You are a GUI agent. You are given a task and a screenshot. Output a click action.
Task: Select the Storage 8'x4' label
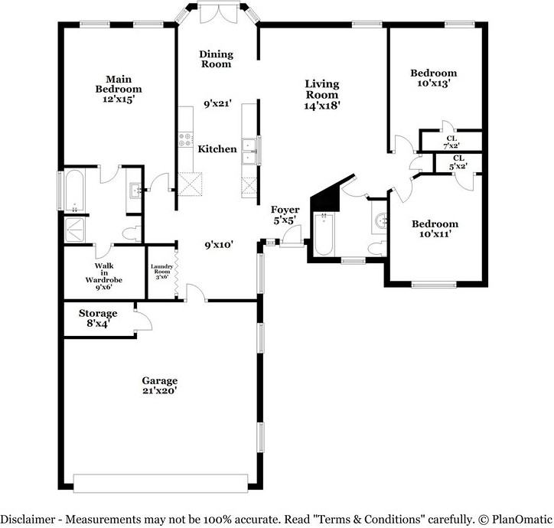pos(98,318)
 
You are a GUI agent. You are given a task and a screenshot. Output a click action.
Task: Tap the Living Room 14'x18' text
pos(321,95)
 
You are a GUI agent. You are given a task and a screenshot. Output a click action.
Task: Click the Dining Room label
pos(216,59)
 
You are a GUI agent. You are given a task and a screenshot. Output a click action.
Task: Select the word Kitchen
pos(217,149)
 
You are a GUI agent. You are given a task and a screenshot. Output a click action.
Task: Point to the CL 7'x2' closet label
pos(451,142)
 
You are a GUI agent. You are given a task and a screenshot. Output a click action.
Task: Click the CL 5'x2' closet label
pos(458,161)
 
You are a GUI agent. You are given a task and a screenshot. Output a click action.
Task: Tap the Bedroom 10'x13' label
pos(434,78)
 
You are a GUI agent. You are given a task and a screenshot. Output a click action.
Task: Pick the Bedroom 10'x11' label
pos(435,229)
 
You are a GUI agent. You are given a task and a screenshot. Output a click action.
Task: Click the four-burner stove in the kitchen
pos(184,139)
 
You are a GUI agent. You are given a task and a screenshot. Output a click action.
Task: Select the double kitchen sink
pos(249,152)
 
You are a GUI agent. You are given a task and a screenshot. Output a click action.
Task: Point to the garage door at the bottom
pos(160,484)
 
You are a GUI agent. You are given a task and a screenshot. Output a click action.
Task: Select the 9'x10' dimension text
pos(219,246)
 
